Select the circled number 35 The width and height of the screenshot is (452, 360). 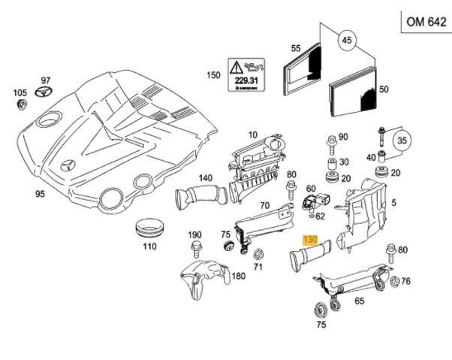click(x=402, y=140)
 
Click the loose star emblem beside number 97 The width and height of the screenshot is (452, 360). click(x=44, y=93)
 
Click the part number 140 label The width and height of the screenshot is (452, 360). click(x=206, y=178)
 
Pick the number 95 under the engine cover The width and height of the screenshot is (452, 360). click(x=40, y=193)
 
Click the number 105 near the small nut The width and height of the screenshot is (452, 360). click(x=19, y=93)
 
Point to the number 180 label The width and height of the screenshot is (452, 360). click(x=238, y=276)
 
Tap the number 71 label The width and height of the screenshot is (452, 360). click(x=258, y=265)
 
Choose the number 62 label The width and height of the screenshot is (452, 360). click(x=321, y=216)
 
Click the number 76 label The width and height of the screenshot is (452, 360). click(x=405, y=282)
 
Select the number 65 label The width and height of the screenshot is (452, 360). click(x=360, y=301)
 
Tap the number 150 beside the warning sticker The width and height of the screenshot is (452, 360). click(x=213, y=75)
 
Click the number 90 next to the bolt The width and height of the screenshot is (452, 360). click(x=343, y=137)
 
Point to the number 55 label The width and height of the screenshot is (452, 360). click(x=296, y=48)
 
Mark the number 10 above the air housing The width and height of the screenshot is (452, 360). click(x=252, y=134)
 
